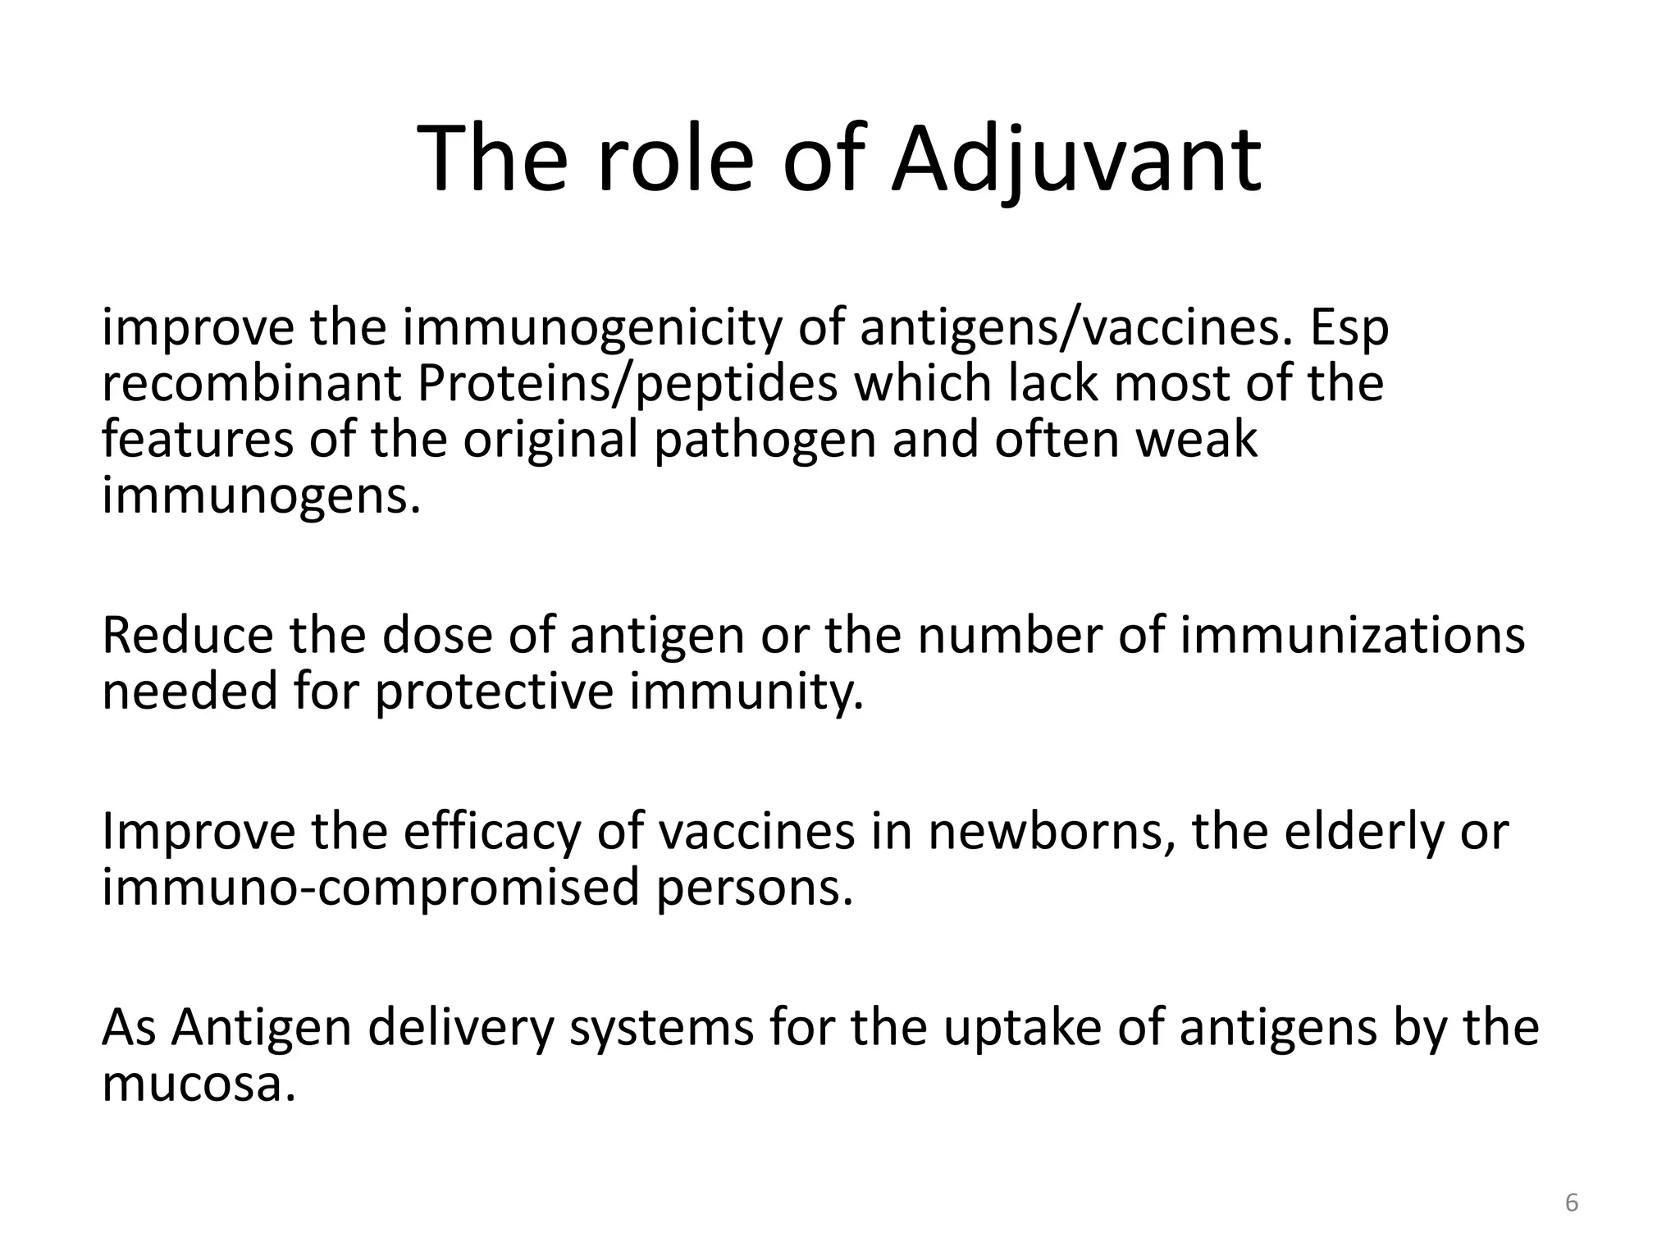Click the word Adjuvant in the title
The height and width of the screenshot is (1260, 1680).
click(x=1076, y=159)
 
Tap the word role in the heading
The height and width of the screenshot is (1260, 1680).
click(x=674, y=159)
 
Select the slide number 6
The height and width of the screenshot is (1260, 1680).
click(x=1572, y=1203)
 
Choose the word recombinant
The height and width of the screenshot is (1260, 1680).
click(x=251, y=384)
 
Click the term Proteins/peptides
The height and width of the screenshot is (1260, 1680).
click(x=627, y=384)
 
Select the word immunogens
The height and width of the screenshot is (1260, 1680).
click(x=261, y=496)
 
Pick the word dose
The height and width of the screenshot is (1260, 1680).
click(x=437, y=636)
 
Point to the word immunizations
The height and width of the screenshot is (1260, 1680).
click(x=1352, y=636)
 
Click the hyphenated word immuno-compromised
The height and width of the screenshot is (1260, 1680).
click(x=370, y=888)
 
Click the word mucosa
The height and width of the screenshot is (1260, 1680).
click(x=198, y=1084)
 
